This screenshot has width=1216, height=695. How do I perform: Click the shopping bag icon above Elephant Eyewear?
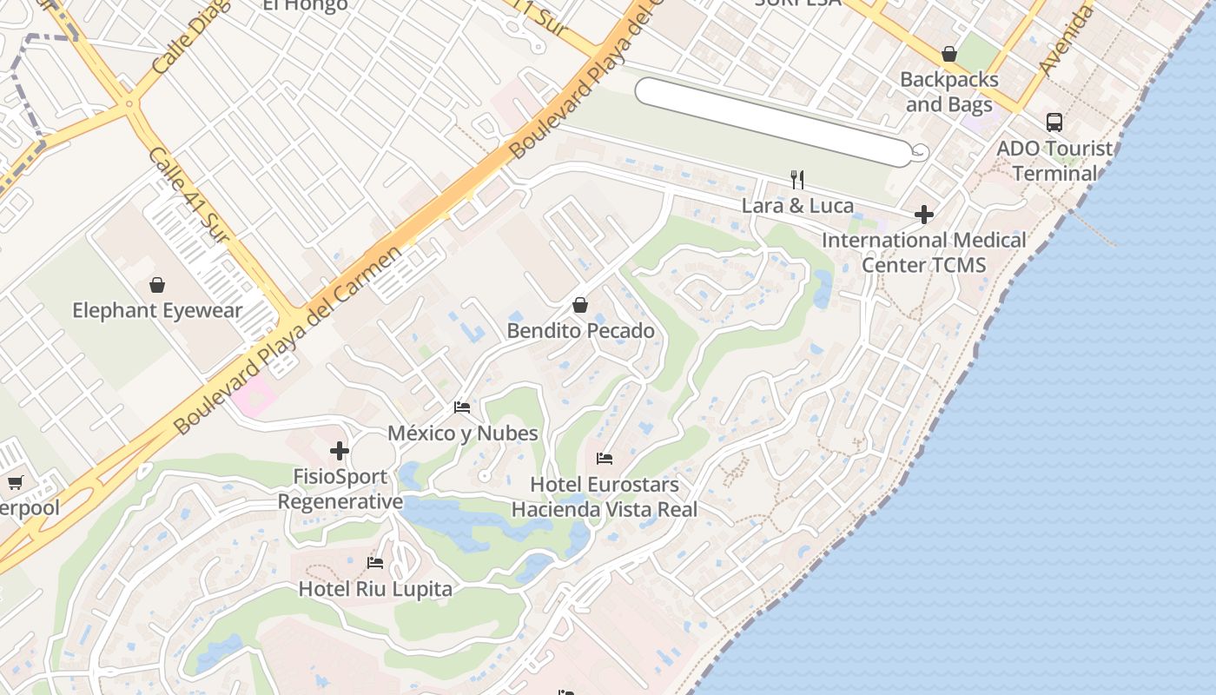[x=157, y=285]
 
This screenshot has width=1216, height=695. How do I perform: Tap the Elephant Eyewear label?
[x=157, y=310]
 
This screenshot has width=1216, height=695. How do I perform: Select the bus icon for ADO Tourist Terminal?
[x=1054, y=122]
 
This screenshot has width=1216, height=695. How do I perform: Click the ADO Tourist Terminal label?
[x=1054, y=161]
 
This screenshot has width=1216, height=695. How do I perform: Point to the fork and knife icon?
[x=797, y=180]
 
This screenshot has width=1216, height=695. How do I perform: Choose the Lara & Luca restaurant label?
[x=797, y=206]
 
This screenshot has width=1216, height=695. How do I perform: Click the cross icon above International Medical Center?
[x=924, y=214]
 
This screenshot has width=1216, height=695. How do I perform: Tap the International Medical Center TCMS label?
[x=924, y=252]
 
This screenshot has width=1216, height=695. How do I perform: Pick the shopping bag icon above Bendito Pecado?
[x=580, y=306]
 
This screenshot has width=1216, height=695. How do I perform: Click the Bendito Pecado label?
[x=580, y=331]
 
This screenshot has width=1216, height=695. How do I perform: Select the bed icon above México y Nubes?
[x=462, y=407]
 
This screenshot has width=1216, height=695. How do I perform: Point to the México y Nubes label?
[x=462, y=433]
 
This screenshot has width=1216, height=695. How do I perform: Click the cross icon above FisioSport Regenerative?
[x=340, y=451]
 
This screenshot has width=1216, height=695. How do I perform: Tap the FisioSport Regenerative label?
[x=340, y=489]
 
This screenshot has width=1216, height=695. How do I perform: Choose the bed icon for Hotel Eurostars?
[x=605, y=459]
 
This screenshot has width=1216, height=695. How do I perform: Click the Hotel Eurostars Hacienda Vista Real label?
[x=605, y=497]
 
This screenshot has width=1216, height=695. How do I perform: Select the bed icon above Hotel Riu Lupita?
[x=375, y=563]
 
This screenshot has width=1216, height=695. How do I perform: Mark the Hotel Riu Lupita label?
[x=375, y=589]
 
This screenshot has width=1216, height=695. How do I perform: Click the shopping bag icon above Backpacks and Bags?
[x=949, y=54]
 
